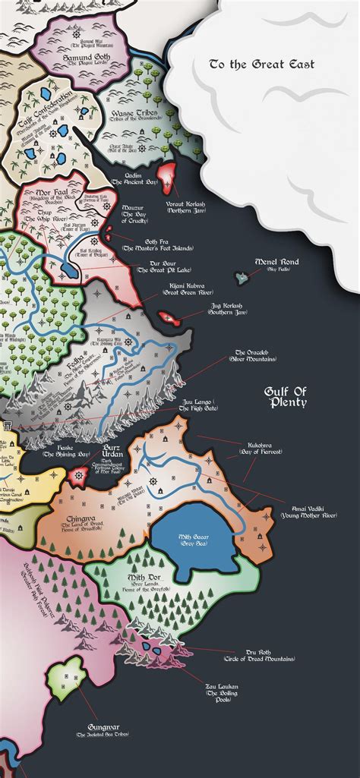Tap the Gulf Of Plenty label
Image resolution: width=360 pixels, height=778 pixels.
pyautogui.click(x=286, y=396)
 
